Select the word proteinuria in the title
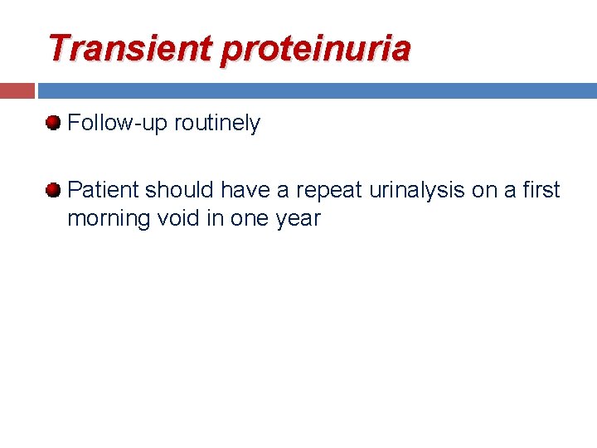pyautogui.click(x=315, y=50)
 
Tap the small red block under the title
pyautogui.click(x=17, y=90)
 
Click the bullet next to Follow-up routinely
pyautogui.click(x=54, y=124)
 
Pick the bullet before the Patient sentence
pyautogui.click(x=54, y=190)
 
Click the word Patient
pyautogui.click(x=103, y=190)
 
